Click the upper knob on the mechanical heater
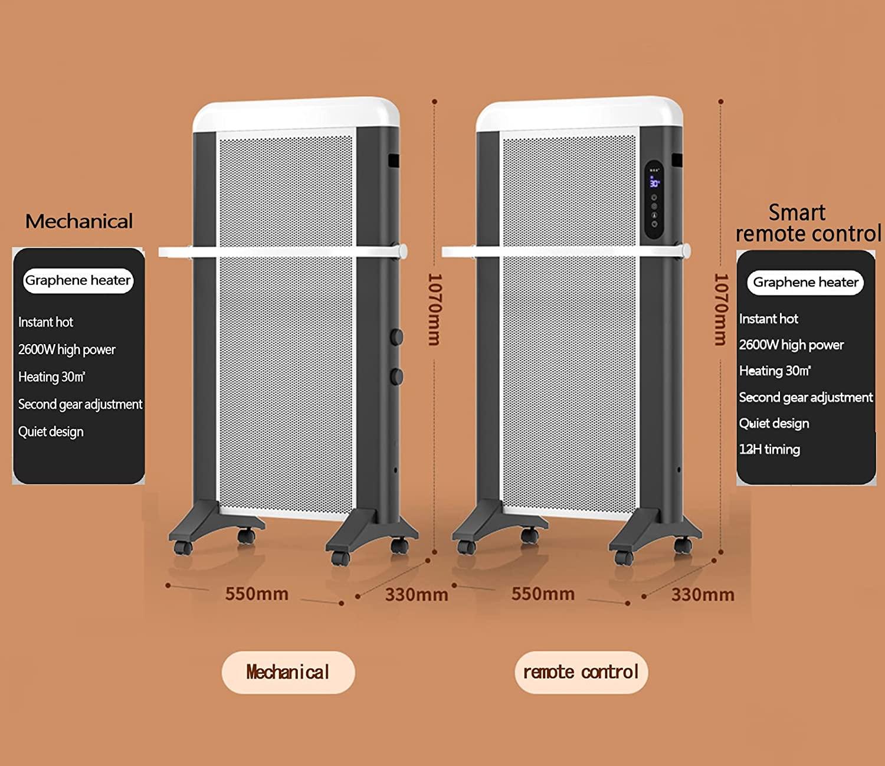396,337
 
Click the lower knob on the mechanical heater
396,376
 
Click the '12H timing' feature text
769,450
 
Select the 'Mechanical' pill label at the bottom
288,672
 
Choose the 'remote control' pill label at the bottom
581,672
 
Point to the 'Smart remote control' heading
807,223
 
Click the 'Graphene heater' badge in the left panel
78,280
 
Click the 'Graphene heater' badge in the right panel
805,283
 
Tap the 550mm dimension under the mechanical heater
257,594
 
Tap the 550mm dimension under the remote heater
543,594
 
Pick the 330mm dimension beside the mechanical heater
417,595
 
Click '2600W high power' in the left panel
67,349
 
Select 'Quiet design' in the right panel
774,424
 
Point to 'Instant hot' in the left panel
45,322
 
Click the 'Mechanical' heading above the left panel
79,221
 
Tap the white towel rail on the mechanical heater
283,252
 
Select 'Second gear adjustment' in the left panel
80,404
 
